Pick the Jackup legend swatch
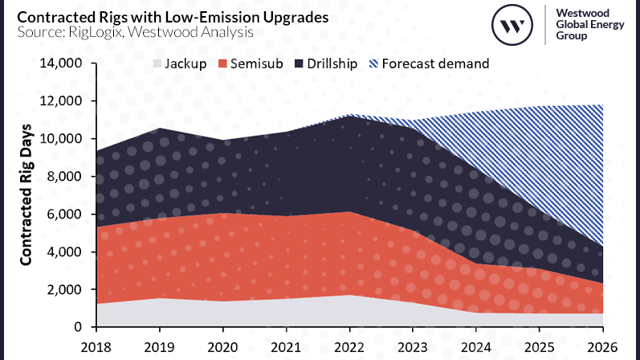[x=158, y=63]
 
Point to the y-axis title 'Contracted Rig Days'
[x=26, y=195]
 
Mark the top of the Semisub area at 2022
[x=349, y=211]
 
